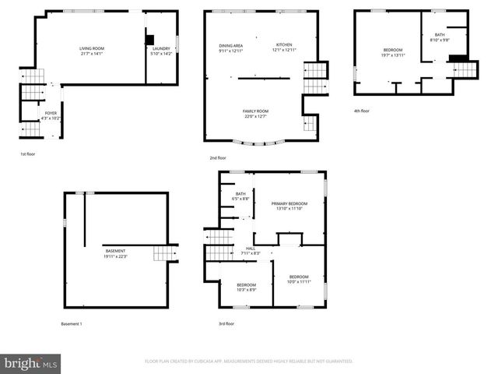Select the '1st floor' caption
point(27,154)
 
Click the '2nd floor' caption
point(228,158)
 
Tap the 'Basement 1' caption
point(71,323)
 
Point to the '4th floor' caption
point(362,111)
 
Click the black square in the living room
point(150,40)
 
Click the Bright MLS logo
point(30,362)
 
